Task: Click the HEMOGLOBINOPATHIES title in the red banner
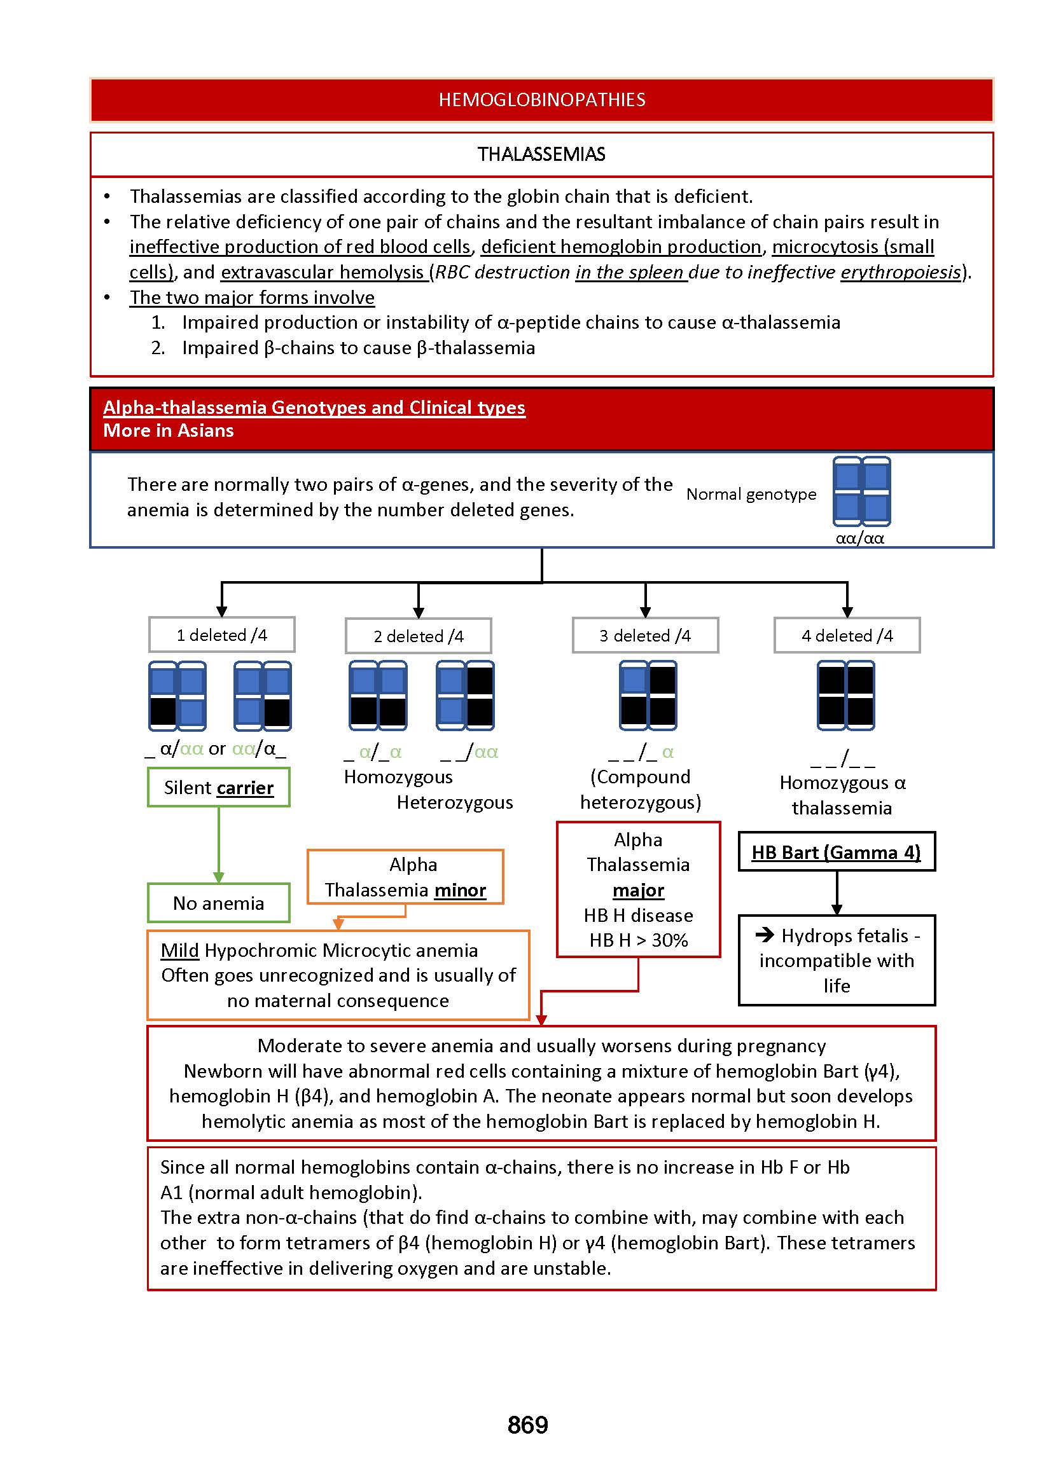tap(541, 99)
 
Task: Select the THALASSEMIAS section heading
tap(541, 154)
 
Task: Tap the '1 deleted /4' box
tap(222, 635)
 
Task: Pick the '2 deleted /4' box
tap(418, 636)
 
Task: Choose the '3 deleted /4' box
tap(645, 636)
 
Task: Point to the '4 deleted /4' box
tap(847, 636)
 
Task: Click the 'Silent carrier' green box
tap(218, 788)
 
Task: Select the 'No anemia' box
tap(218, 903)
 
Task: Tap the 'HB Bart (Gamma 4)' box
tap(837, 852)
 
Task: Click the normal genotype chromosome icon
tap(861, 491)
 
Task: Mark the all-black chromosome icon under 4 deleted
tap(846, 696)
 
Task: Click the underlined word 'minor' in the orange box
tap(460, 890)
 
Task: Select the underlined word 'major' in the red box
tap(638, 890)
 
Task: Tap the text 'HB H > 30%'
tap(638, 940)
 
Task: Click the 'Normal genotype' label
tap(751, 495)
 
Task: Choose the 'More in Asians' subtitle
tap(169, 430)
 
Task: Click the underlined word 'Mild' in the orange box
tap(179, 950)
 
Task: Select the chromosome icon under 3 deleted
tap(648, 696)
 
